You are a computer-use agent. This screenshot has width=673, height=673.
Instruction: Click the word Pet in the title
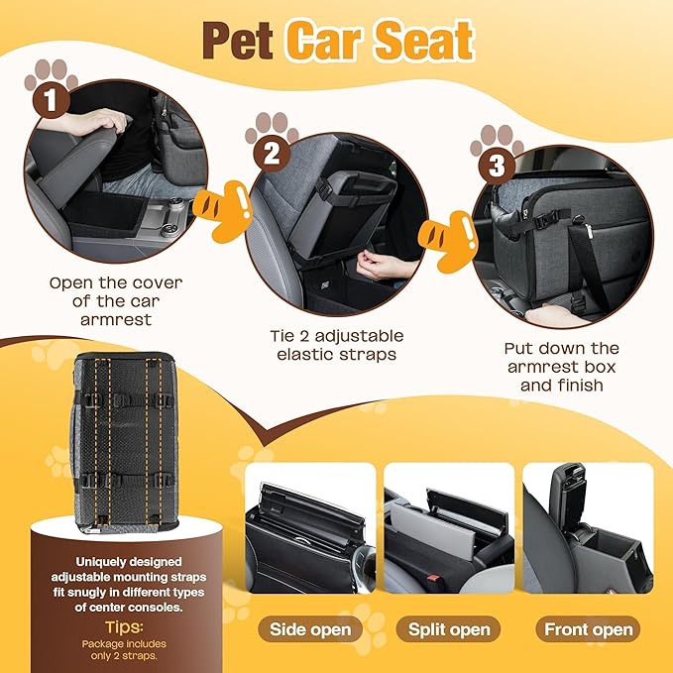pyautogui.click(x=238, y=41)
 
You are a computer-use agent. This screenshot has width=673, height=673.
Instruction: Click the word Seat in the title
pyautogui.click(x=426, y=41)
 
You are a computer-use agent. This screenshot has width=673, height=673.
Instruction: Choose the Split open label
pyautogui.click(x=449, y=628)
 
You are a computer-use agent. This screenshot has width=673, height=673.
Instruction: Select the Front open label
pyautogui.click(x=589, y=628)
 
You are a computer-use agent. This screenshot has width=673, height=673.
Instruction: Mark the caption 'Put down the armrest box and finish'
pyautogui.click(x=561, y=366)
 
